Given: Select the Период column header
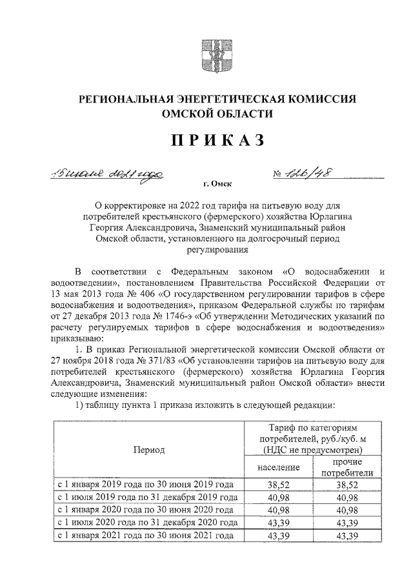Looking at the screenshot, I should pos(148,449).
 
